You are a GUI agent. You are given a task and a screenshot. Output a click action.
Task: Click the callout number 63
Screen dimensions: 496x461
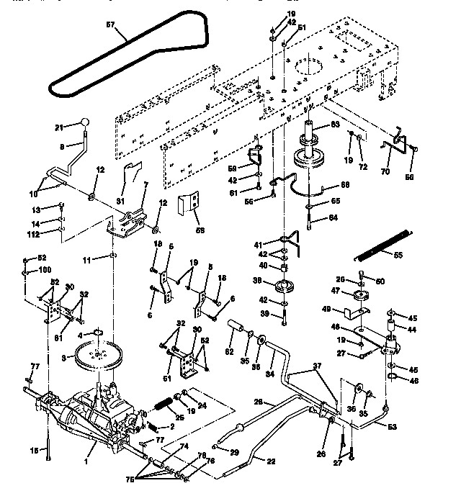[334, 125]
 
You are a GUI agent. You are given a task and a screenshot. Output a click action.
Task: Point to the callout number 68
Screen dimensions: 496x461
[345, 185]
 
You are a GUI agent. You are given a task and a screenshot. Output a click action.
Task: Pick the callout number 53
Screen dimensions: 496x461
[411, 426]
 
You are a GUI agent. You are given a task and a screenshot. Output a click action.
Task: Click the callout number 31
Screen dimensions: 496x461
[120, 201]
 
